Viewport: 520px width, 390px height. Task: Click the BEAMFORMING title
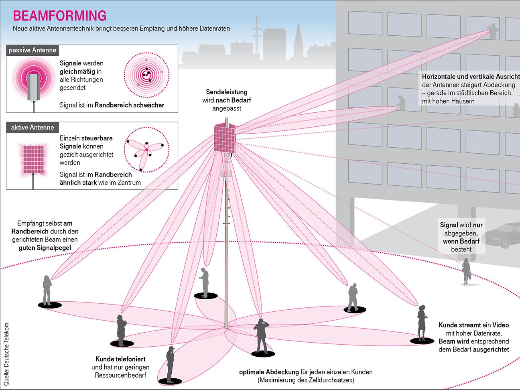pos(60,16)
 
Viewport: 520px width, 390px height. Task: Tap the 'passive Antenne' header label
pos(32,50)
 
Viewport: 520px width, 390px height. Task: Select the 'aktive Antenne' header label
pos(32,128)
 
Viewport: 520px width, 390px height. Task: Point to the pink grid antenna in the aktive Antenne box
pos(32,159)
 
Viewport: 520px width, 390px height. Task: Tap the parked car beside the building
pos(501,236)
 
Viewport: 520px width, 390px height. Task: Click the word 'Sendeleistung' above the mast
pos(227,92)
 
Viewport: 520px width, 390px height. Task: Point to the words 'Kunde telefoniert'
pos(120,359)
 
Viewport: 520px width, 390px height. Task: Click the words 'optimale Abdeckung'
pos(269,372)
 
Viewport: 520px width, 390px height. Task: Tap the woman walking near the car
pos(466,271)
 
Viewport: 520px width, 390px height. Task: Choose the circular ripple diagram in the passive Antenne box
pos(146,75)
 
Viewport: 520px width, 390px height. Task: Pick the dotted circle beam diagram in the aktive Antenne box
pos(146,150)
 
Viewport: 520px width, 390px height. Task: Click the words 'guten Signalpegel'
pos(45,248)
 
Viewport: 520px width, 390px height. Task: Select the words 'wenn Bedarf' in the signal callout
pos(461,241)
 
